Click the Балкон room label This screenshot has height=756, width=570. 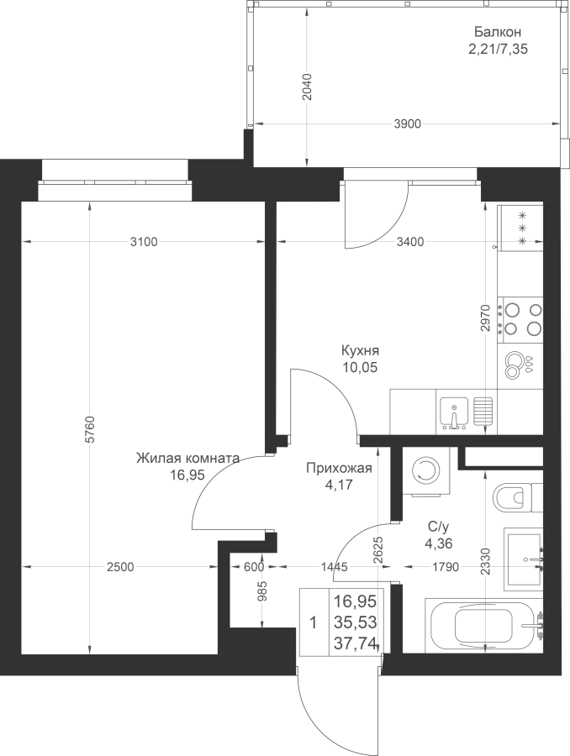point(497,32)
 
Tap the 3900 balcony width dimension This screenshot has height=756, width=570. point(408,124)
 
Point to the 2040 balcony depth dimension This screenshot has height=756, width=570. point(307,87)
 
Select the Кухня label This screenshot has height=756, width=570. point(360,350)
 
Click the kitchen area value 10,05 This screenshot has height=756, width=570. point(360,368)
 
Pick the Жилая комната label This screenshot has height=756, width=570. point(187,458)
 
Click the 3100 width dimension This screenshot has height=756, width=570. point(144,242)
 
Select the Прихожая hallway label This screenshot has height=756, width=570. point(340,468)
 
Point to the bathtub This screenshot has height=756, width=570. point(483,625)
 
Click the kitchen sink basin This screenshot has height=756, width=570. point(454,413)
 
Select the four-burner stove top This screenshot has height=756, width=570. point(521,318)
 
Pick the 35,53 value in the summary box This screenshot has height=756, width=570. point(356,622)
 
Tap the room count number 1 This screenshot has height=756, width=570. point(314,623)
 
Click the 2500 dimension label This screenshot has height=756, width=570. point(120,567)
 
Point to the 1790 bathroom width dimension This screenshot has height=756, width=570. point(445,567)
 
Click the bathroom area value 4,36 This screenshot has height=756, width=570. point(438,543)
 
